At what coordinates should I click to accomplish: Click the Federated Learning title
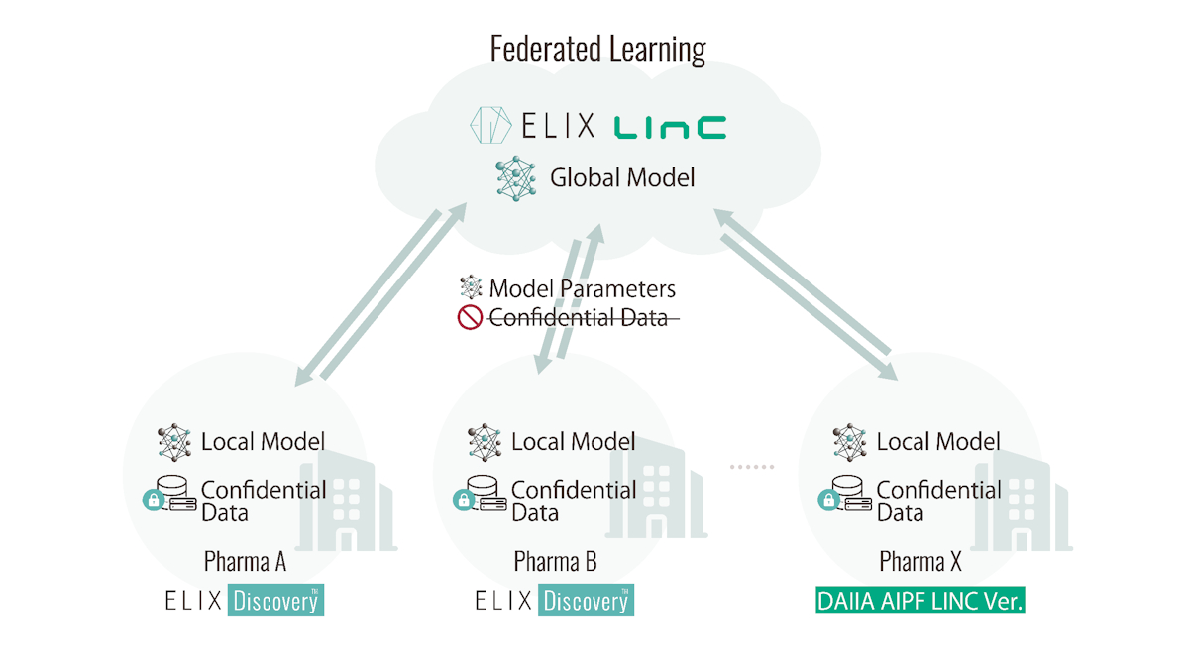click(x=597, y=50)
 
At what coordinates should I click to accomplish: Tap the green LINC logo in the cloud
click(x=670, y=128)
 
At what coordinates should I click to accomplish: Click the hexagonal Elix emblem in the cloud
click(x=491, y=125)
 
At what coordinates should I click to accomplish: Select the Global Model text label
click(x=622, y=177)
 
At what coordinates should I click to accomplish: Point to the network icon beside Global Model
click(x=516, y=178)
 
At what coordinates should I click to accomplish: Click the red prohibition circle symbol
click(x=470, y=317)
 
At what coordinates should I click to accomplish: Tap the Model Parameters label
click(x=582, y=289)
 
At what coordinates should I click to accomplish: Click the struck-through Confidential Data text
click(x=579, y=318)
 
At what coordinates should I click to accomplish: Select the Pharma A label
click(x=246, y=562)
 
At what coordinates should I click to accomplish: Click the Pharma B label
click(x=555, y=562)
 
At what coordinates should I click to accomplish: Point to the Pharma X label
click(x=920, y=562)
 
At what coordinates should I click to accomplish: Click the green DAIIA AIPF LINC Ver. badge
click(x=920, y=601)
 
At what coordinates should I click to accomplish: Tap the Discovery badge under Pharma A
click(x=275, y=600)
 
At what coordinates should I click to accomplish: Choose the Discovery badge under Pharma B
click(x=586, y=600)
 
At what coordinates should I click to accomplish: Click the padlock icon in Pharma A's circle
click(x=154, y=501)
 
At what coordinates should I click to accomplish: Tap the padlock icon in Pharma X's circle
click(x=828, y=501)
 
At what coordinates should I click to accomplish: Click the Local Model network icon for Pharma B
click(x=485, y=442)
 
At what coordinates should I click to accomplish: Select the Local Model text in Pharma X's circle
click(x=938, y=442)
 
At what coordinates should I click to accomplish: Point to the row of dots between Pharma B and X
click(x=752, y=467)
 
